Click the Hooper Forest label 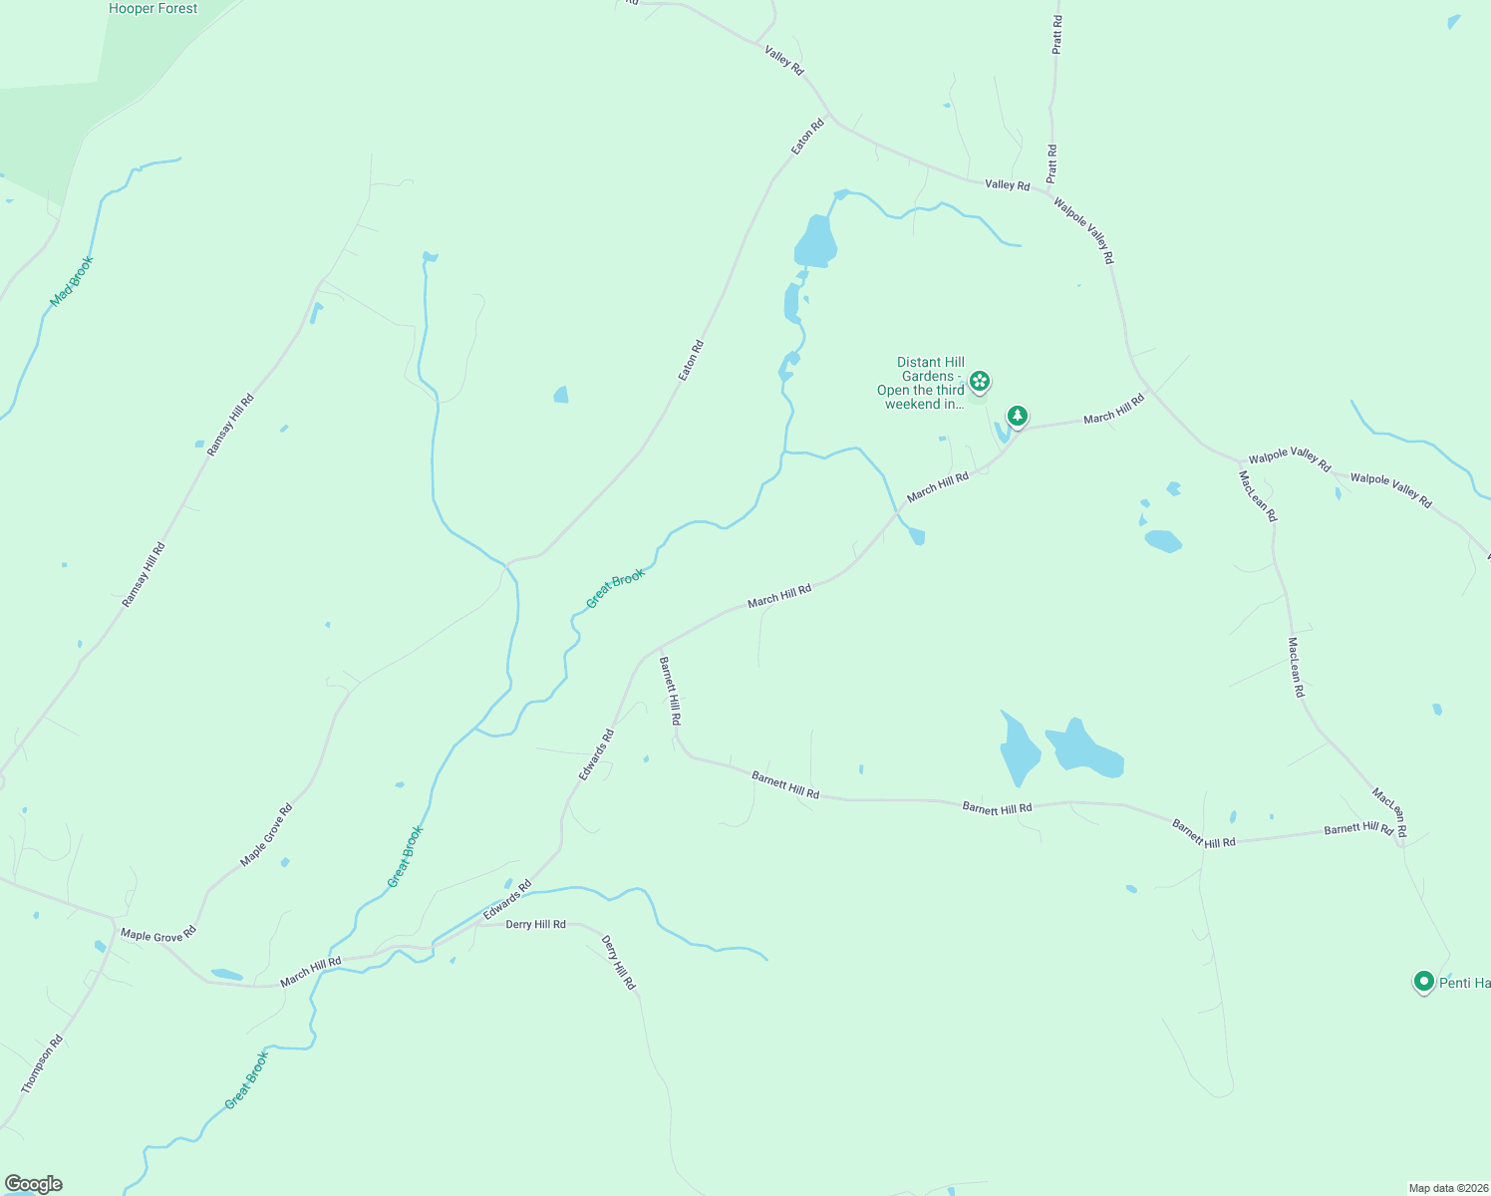(152, 9)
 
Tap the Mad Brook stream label (72, 281)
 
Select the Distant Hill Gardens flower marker (980, 381)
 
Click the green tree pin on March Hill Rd (1017, 415)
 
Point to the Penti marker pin (1424, 982)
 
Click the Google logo (33, 1184)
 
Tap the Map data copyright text (1447, 1188)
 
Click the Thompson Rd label (42, 1063)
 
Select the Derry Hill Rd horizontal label (535, 925)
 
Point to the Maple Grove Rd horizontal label (158, 935)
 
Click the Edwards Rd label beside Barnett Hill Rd (596, 754)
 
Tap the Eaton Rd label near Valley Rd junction (807, 137)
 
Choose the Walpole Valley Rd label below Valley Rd (1083, 231)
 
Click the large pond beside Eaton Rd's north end (815, 242)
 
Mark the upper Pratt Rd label (1056, 34)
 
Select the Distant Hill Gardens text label (922, 384)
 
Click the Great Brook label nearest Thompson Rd (246, 1080)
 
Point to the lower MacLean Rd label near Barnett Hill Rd (1388, 812)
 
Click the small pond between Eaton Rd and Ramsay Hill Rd (561, 395)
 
